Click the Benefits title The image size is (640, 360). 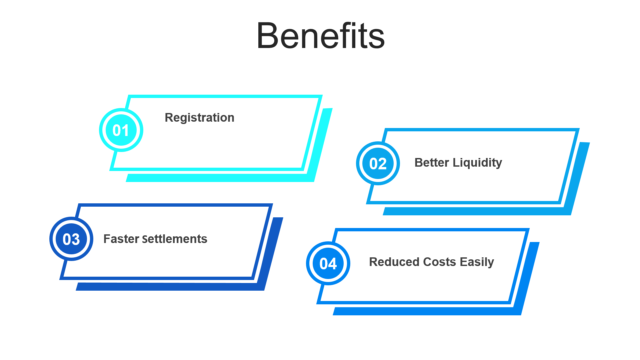(x=320, y=36)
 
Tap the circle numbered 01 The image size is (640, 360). (x=121, y=130)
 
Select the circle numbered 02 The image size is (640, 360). (x=378, y=163)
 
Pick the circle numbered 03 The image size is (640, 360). (x=71, y=239)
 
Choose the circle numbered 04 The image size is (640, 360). (x=328, y=264)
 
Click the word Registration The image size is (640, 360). (x=199, y=118)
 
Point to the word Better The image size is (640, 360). (x=432, y=163)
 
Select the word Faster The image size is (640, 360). (x=121, y=239)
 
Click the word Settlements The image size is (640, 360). (x=175, y=239)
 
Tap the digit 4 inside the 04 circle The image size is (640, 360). (x=332, y=264)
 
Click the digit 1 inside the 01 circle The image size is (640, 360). (x=126, y=130)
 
